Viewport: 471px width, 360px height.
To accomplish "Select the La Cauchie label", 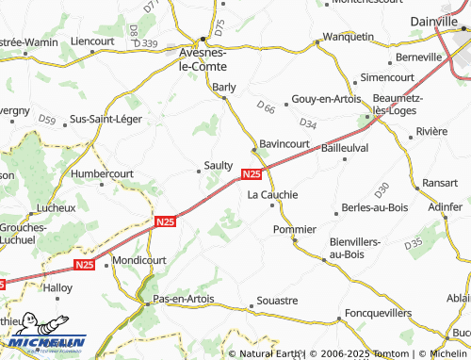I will pyautogui.click(x=272, y=194).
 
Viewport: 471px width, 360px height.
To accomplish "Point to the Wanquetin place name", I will pyautogui.click(x=348, y=37).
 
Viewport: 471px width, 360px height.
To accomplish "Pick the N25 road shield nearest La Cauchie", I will pyautogui.click(x=252, y=174).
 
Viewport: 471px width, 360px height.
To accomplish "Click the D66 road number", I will pyautogui.click(x=267, y=108).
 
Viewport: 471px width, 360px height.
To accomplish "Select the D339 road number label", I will pyautogui.click(x=146, y=43).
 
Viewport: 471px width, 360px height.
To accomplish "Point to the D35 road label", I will pyautogui.click(x=413, y=244).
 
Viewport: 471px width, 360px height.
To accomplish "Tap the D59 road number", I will pyautogui.click(x=47, y=119).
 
